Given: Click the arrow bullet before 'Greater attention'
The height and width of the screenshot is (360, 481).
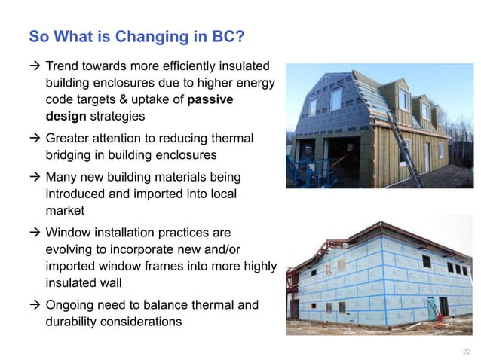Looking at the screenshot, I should [34, 139].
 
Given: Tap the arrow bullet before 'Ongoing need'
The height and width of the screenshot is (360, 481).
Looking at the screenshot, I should [34, 305].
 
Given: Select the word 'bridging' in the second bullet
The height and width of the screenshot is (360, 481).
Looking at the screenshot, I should [71, 156].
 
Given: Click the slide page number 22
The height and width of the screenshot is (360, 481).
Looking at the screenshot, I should [465, 351].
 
